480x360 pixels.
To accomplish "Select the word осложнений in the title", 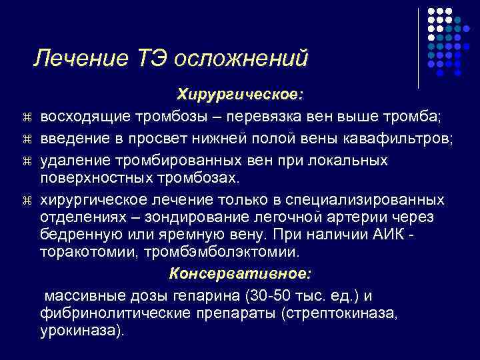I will [241, 58].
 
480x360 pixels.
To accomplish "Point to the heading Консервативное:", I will [240, 274].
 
